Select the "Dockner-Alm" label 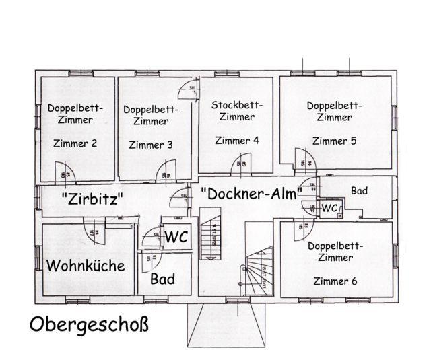250,194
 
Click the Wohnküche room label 86,266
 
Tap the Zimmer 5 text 335,141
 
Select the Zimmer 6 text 335,281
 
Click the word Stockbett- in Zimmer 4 237,105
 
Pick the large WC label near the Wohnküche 176,237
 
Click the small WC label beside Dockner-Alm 329,209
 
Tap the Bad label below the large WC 163,278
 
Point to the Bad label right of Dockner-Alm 359,191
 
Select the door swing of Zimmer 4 241,166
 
